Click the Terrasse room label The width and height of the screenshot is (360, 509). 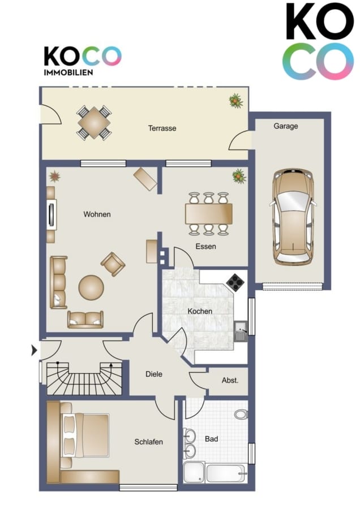162,128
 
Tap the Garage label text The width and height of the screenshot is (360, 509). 286,126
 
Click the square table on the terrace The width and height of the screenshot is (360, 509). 94,123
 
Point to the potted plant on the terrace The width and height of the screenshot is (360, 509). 235,101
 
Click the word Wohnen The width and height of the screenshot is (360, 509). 97,214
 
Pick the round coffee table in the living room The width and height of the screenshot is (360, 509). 91,288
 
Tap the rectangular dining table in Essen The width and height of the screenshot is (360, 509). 209,214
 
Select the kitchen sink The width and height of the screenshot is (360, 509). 241,331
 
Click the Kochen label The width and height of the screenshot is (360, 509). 200,311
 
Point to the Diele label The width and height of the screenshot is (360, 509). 154,374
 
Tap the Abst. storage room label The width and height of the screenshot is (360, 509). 230,380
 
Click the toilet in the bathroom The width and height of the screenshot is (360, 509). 241,414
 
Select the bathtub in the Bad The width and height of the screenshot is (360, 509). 226,473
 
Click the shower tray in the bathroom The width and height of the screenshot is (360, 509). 194,473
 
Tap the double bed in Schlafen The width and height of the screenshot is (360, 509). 85,435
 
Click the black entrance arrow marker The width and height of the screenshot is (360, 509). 34,351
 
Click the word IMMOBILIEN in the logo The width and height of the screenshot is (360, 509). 68,72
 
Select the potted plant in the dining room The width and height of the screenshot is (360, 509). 239,176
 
